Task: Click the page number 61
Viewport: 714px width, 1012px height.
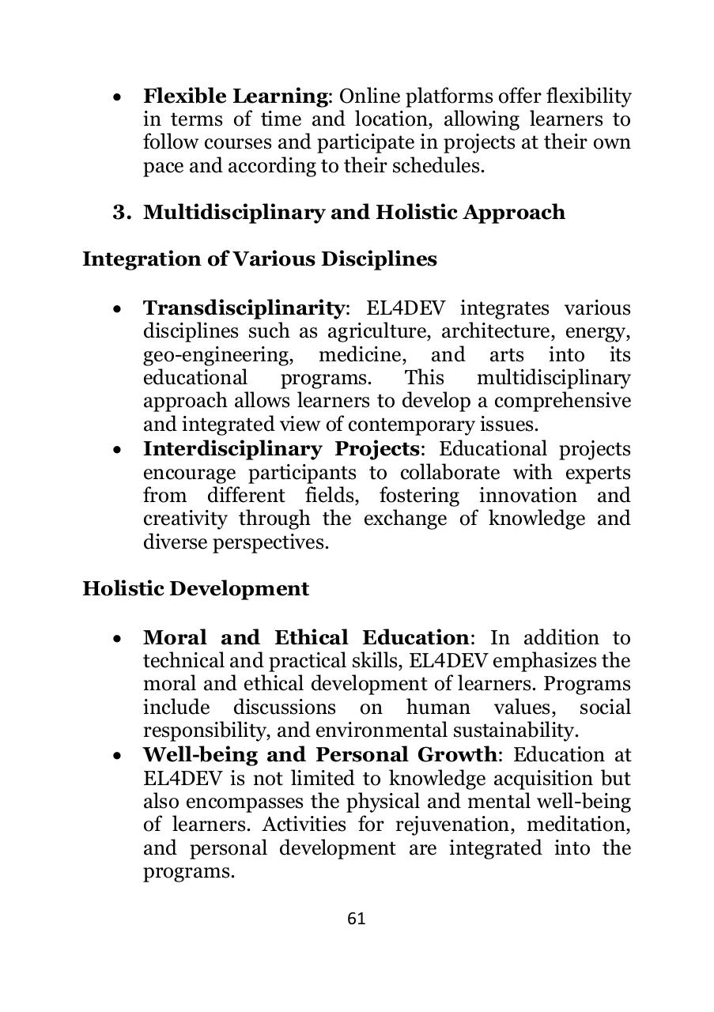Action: pyautogui.click(x=356, y=919)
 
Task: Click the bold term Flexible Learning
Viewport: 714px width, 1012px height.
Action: pyautogui.click(x=235, y=96)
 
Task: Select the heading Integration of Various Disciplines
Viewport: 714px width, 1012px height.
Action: pyautogui.click(x=259, y=259)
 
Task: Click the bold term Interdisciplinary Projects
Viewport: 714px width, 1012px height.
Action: pyautogui.click(x=281, y=449)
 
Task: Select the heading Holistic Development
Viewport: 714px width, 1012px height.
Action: pyautogui.click(x=195, y=589)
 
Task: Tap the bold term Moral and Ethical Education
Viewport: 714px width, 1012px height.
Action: pyautogui.click(x=305, y=637)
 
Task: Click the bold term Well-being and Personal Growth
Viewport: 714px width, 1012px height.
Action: pyautogui.click(x=320, y=754)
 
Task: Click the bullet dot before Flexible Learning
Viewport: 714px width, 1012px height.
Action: pyautogui.click(x=118, y=98)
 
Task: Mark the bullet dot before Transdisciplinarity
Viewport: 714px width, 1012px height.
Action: pyautogui.click(x=118, y=309)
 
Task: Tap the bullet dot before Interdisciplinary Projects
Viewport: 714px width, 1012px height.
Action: pyautogui.click(x=118, y=451)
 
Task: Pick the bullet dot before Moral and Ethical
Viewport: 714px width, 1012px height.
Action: pyautogui.click(x=118, y=639)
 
